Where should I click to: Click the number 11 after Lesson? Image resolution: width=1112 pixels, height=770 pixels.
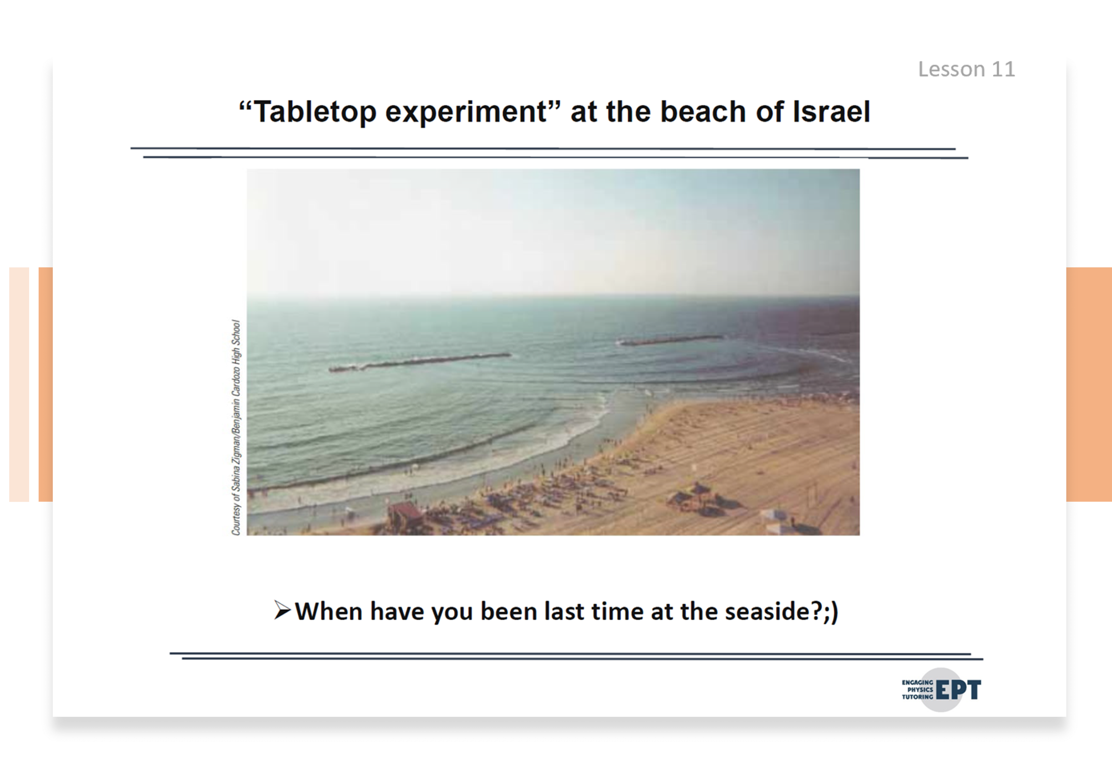[x=1003, y=69]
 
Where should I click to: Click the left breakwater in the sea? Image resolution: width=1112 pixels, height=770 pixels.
[x=420, y=362]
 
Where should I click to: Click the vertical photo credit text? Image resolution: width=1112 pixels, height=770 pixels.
[x=236, y=428]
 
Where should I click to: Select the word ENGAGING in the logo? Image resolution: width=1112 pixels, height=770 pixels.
[x=918, y=682]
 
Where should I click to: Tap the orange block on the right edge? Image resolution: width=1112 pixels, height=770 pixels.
[x=1089, y=384]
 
